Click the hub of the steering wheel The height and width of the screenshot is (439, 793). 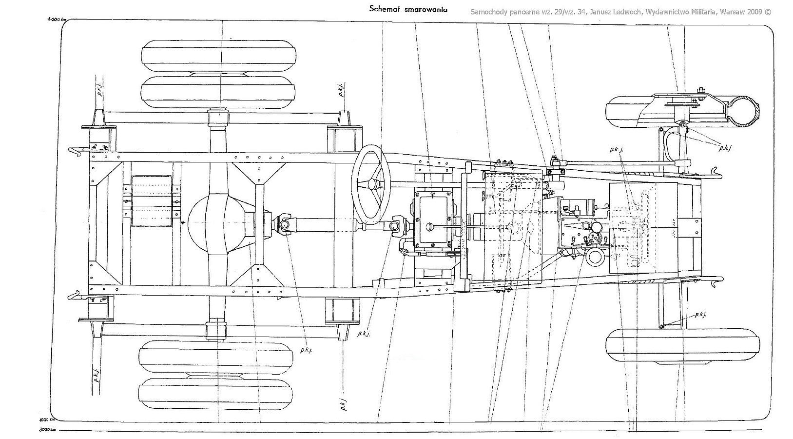(373, 184)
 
